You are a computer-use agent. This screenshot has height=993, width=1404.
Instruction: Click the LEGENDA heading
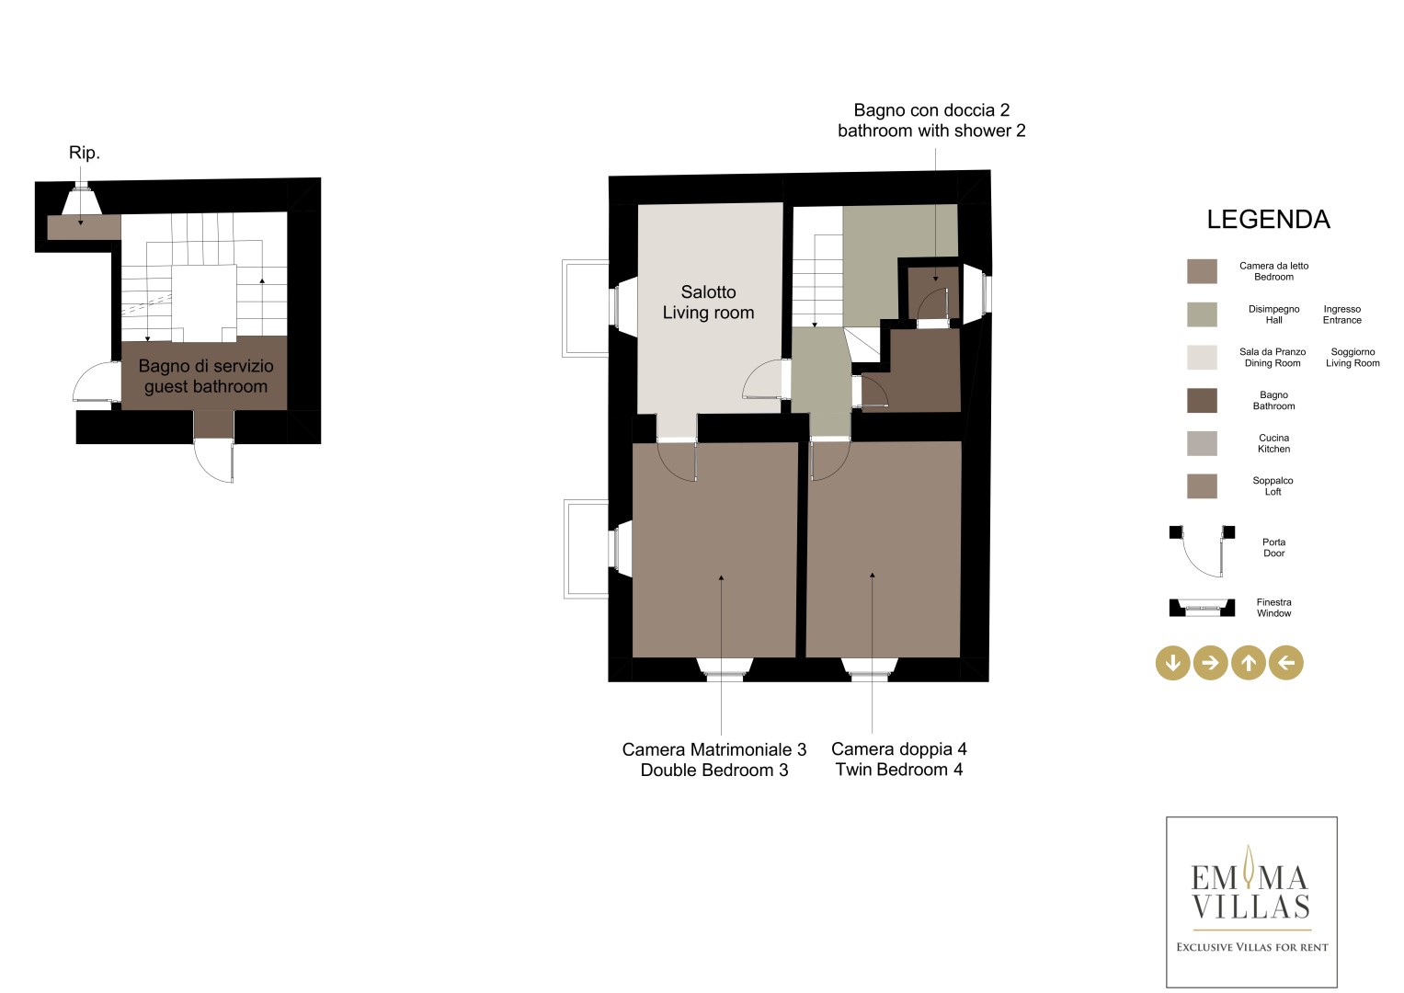[1268, 220]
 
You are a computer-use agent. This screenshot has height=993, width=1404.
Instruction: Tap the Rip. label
[85, 153]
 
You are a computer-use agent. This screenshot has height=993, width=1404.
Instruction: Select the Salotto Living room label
[708, 302]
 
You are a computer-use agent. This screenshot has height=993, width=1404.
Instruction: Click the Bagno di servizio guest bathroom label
[206, 376]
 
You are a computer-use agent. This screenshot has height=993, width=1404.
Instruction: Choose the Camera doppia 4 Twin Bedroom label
[899, 759]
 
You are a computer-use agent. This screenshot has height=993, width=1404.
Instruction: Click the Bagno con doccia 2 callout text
[931, 120]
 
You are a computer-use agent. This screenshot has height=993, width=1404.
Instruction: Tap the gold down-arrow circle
[1172, 663]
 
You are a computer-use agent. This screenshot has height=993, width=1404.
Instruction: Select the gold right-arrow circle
[1210, 663]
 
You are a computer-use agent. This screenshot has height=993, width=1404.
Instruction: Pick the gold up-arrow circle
[1249, 663]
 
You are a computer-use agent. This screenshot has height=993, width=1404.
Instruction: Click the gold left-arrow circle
[1286, 663]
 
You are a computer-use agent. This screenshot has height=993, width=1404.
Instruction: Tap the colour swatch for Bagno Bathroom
[1202, 401]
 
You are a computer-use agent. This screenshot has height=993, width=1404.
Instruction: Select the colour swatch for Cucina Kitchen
[1202, 443]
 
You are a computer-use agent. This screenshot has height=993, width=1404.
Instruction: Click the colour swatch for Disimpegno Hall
[1202, 314]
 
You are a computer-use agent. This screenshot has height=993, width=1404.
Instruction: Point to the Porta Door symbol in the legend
[1202, 552]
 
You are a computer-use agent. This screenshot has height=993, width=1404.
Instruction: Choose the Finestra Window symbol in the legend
[1202, 608]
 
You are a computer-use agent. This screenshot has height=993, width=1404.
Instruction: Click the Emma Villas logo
[1251, 902]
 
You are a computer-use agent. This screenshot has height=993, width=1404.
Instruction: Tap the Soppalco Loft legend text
[1273, 486]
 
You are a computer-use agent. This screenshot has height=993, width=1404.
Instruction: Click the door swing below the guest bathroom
[213, 461]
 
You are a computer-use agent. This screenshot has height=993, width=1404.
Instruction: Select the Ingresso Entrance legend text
[1342, 314]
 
